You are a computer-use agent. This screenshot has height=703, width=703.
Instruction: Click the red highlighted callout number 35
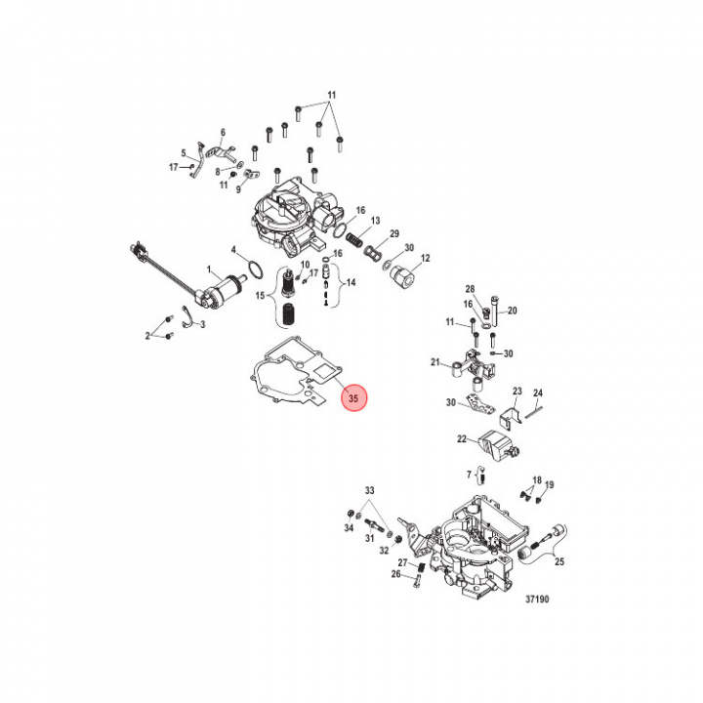[x=353, y=398]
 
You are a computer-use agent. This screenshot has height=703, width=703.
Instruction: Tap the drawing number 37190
[x=537, y=599]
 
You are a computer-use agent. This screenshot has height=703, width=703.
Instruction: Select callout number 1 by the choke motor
[x=209, y=269]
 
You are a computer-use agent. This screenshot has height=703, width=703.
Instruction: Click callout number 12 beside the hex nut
[x=425, y=258]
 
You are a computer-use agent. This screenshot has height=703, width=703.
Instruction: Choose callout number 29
[x=394, y=233]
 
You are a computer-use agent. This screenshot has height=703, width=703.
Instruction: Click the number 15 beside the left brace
[x=260, y=296]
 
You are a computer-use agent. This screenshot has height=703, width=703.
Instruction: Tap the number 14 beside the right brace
[x=351, y=282]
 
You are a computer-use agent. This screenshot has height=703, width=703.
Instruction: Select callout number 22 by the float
[x=462, y=439]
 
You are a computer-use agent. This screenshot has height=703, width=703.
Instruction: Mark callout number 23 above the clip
[x=517, y=391]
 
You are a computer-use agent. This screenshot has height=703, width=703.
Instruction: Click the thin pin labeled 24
[x=534, y=412]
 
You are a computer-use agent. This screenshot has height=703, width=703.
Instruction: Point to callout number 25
[x=559, y=561]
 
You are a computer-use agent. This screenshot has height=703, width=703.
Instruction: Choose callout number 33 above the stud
[x=369, y=490]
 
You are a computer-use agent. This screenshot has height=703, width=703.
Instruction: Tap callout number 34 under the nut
[x=349, y=528]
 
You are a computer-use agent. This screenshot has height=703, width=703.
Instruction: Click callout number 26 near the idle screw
[x=395, y=574]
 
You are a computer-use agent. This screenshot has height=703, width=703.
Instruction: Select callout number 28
[x=470, y=289]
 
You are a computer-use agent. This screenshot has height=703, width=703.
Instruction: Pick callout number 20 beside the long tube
[x=512, y=310]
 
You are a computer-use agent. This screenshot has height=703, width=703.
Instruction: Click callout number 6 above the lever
[x=223, y=132]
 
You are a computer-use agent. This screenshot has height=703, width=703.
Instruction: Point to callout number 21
[x=434, y=362]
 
